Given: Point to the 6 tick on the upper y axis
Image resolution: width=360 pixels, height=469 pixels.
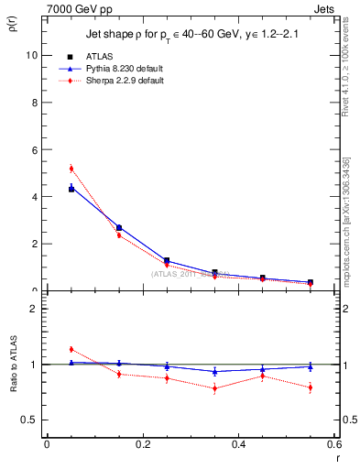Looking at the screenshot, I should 35,149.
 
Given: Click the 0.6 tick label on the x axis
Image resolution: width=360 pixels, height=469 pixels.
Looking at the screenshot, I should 334,446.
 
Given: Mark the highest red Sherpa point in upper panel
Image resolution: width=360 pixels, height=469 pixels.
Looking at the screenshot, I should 71,169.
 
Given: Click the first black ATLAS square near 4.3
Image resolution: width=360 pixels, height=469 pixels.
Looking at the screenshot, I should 71,189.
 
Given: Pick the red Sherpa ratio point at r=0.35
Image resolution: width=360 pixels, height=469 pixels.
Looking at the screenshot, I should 214,388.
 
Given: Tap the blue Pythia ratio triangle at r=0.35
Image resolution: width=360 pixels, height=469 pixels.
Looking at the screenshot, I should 214,371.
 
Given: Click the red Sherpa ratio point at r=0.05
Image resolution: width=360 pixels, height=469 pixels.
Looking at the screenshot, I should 71,349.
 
